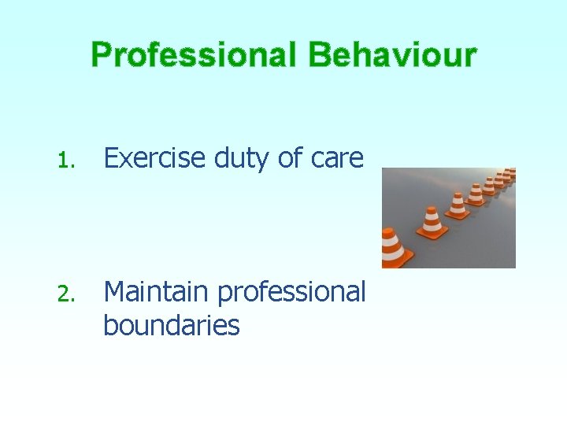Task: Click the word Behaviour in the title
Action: click(392, 56)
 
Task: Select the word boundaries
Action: click(171, 325)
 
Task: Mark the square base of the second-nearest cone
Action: click(432, 234)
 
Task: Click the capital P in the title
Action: click(102, 56)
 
